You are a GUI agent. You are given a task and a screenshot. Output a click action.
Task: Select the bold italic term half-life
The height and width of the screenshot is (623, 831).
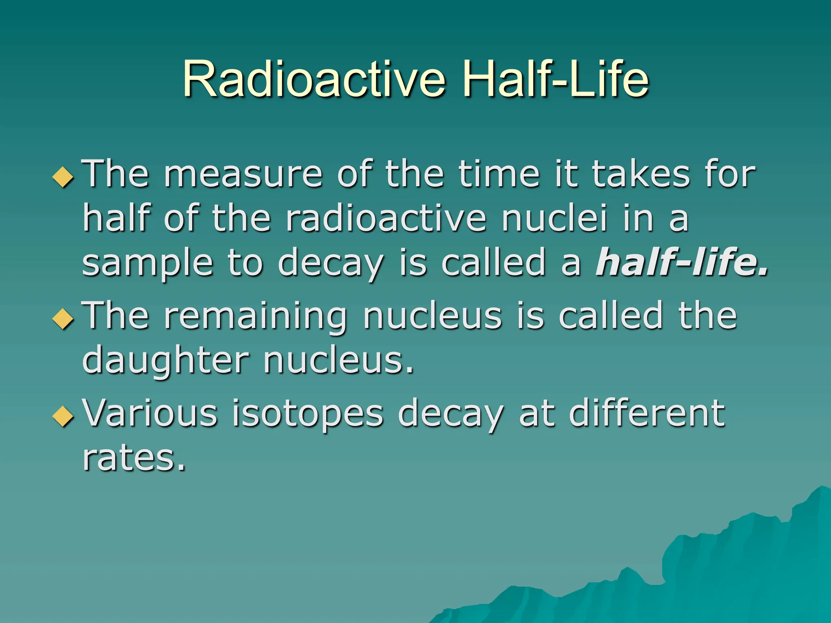pos(682,262)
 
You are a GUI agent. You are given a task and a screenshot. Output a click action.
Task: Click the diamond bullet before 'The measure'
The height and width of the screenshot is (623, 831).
pos(64,177)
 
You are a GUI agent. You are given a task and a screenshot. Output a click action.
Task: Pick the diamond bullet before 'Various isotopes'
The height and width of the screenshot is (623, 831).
pos(64,416)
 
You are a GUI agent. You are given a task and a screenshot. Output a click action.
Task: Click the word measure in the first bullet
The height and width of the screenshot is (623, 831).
pos(243,174)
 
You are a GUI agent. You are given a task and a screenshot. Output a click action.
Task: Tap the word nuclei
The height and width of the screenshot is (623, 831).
pos(554,219)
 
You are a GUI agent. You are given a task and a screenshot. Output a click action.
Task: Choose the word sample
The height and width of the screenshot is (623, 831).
pos(147,264)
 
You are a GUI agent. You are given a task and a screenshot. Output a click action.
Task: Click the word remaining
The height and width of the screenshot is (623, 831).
pos(255,317)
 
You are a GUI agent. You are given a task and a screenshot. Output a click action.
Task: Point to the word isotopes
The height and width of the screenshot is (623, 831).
pos(307,414)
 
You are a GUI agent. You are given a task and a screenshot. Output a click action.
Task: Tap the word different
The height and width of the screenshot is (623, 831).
pos(647,413)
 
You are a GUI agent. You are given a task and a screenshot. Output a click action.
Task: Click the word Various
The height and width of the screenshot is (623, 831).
pos(150,413)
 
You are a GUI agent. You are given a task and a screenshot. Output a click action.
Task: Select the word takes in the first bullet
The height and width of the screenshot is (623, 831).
pos(641,174)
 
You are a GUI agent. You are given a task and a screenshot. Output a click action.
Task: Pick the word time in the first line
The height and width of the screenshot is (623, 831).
pos(499,174)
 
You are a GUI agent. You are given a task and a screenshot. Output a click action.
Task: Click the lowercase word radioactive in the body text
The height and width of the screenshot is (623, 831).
pos(386,219)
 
